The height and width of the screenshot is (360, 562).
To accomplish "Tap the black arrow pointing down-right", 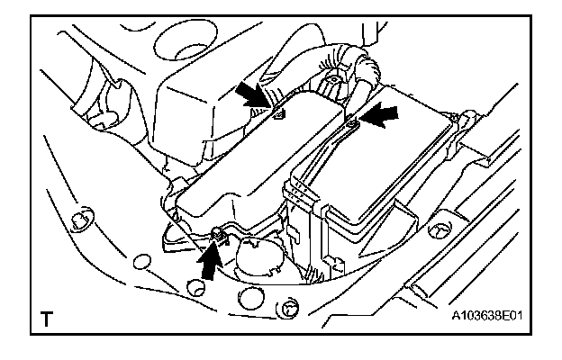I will tap(255, 97).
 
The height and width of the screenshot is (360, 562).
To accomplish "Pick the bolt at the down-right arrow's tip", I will tap(278, 115).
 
